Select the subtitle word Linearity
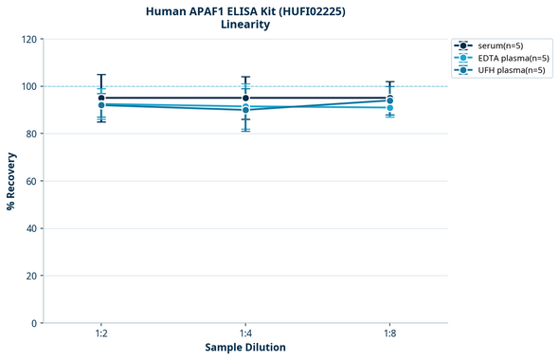245,25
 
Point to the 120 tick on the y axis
28,40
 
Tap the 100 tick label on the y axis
28,87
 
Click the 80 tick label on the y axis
31,135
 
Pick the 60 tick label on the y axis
31,182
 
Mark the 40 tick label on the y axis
31,229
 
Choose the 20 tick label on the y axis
31,277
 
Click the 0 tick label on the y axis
34,324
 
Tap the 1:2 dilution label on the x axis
101,334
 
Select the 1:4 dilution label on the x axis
245,334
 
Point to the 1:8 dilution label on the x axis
389,334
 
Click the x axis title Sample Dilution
245,348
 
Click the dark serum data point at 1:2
101,98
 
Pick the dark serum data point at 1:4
245,98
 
